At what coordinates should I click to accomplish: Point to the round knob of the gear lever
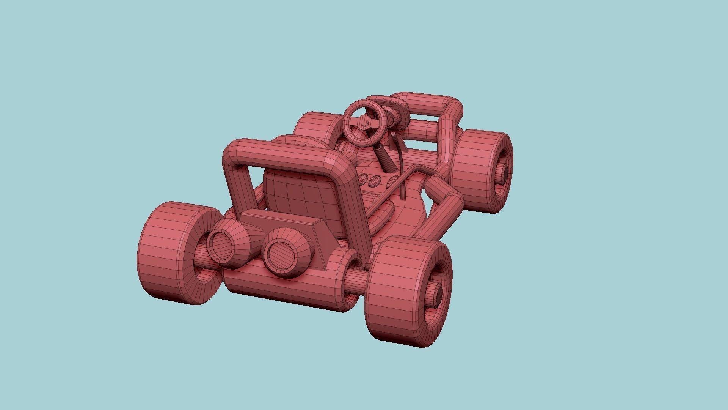coord(393,134)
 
